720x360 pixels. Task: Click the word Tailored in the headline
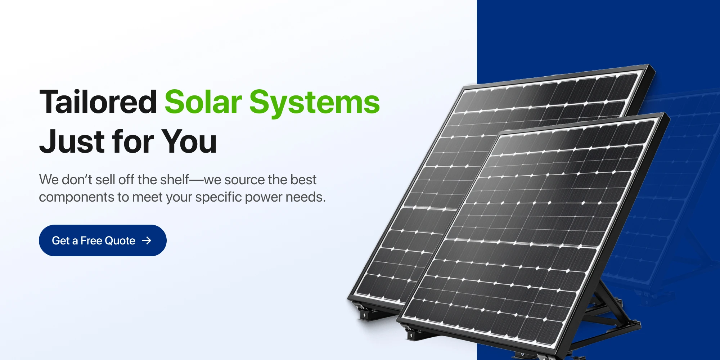(x=98, y=102)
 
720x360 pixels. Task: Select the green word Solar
(x=203, y=102)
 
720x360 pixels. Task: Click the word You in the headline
(x=189, y=141)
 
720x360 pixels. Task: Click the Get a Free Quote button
(x=103, y=240)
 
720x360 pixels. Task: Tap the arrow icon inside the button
(x=147, y=240)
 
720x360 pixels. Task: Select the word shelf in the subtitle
(x=175, y=179)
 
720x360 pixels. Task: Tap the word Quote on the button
(x=120, y=240)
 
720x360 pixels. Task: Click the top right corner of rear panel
(x=650, y=64)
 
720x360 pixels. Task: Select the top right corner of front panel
(x=665, y=113)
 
